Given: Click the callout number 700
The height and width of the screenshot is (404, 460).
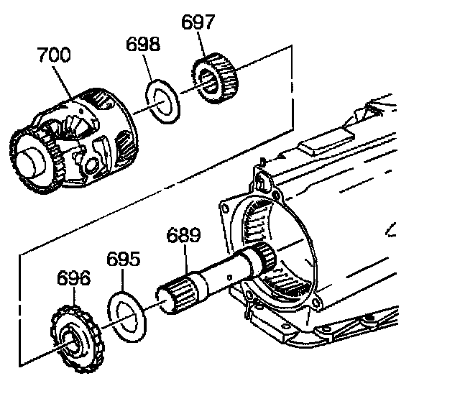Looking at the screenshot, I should pos(55,55).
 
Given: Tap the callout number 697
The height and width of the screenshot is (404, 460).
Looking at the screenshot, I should pos(198,22).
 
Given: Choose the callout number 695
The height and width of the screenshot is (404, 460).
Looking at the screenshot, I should pos(123,259).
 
